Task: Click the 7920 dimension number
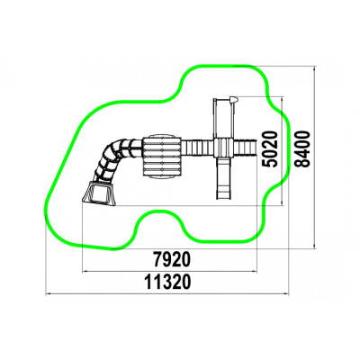click(172, 259)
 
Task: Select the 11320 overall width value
click(167, 282)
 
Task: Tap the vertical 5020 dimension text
click(268, 148)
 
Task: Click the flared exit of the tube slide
click(98, 193)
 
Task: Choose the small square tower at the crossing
click(223, 148)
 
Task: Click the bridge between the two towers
click(198, 148)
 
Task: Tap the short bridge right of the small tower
click(245, 148)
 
